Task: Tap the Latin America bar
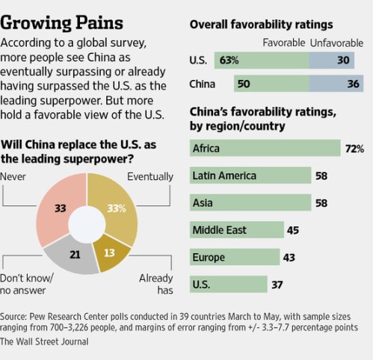point(250,176)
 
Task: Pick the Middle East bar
point(235,230)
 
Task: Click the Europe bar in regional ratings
point(233,257)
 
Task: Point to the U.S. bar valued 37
point(227,284)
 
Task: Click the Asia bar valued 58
point(250,202)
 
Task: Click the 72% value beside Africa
point(354,149)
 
